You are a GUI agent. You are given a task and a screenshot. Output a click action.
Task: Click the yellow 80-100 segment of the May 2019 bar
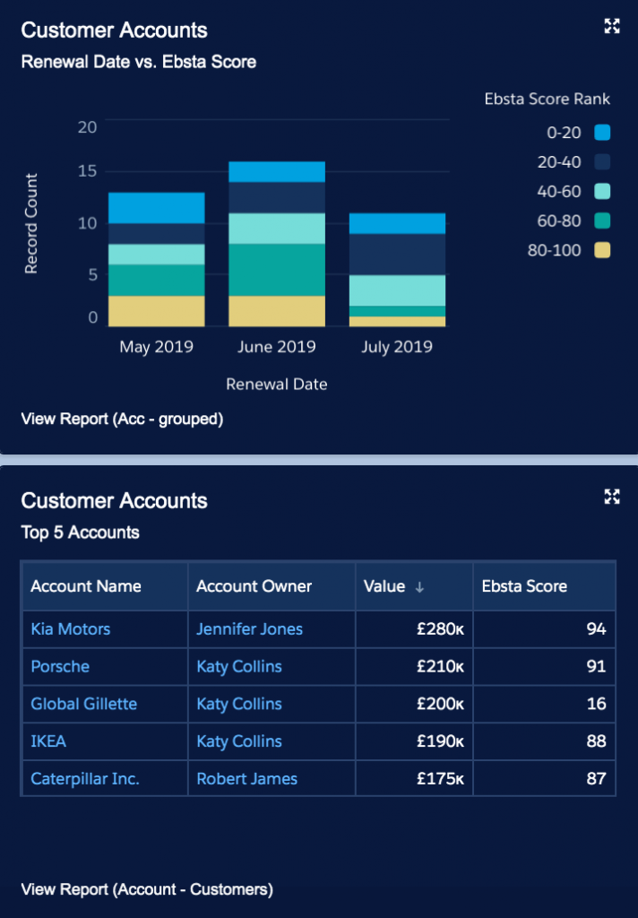pyautogui.click(x=156, y=311)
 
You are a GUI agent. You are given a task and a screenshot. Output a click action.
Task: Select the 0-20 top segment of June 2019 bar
pyautogui.click(x=276, y=172)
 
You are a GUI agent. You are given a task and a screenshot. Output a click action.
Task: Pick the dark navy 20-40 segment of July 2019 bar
pyautogui.click(x=397, y=255)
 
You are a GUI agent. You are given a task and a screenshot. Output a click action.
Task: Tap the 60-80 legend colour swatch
pyautogui.click(x=601, y=221)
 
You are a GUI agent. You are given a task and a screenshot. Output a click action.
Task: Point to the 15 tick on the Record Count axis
pyautogui.click(x=87, y=171)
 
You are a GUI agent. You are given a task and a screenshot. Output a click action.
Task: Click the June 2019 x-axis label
pyautogui.click(x=276, y=346)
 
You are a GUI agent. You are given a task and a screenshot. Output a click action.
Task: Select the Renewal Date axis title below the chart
pyautogui.click(x=276, y=384)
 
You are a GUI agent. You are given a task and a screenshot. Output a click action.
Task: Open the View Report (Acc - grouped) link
pyautogui.click(x=122, y=419)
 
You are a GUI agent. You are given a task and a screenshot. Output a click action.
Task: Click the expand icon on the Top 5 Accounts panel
pyautogui.click(x=612, y=497)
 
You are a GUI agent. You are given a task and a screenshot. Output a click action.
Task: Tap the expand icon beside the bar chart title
pyautogui.click(x=612, y=26)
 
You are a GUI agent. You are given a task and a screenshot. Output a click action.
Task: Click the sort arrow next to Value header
pyautogui.click(x=419, y=587)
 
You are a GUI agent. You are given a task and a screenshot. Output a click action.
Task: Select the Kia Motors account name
pyautogui.click(x=71, y=629)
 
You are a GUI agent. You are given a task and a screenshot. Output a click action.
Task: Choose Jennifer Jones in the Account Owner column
pyautogui.click(x=249, y=629)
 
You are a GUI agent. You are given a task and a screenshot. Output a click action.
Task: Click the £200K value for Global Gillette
pyautogui.click(x=438, y=704)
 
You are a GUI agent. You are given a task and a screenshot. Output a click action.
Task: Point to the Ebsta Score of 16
pyautogui.click(x=596, y=704)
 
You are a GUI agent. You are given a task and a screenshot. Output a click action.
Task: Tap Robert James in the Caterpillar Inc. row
pyautogui.click(x=246, y=778)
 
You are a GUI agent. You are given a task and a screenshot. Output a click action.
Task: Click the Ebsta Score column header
pyautogui.click(x=524, y=586)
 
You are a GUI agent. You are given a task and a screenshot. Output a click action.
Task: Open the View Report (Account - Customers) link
pyautogui.click(x=147, y=889)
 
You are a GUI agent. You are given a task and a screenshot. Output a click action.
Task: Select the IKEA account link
pyautogui.click(x=48, y=741)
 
